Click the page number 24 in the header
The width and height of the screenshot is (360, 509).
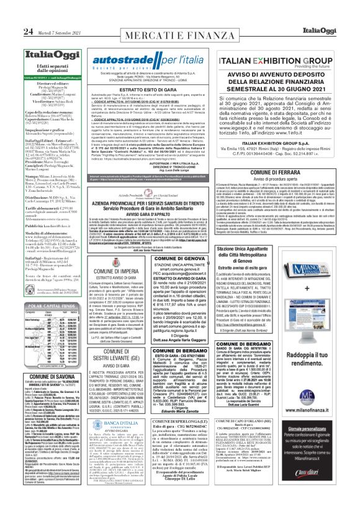pos(11,14)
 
